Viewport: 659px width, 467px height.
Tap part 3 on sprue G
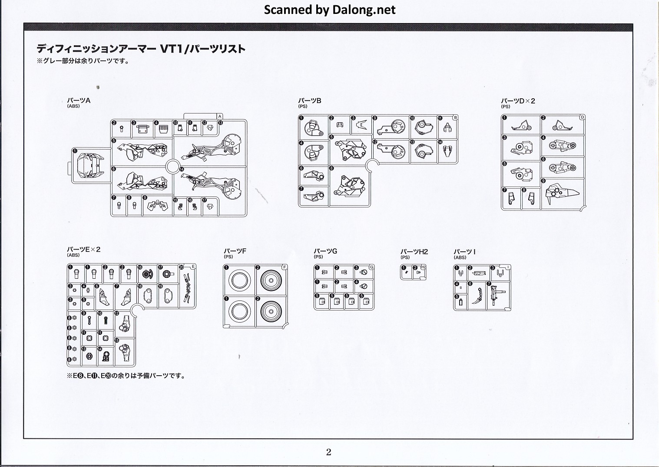pyautogui.click(x=364, y=273)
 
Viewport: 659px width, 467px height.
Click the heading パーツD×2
pyautogui.click(x=518, y=101)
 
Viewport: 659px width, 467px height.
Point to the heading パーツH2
pyautogui.click(x=414, y=252)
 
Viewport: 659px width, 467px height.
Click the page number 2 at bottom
pyautogui.click(x=328, y=452)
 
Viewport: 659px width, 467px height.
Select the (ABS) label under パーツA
pyautogui.click(x=73, y=106)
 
